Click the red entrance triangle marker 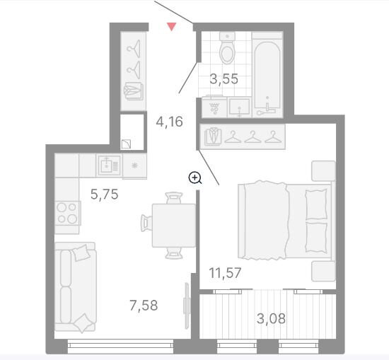[171, 27]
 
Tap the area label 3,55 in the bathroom [223, 79]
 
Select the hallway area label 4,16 [170, 122]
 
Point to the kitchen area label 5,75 [104, 194]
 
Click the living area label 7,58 [144, 305]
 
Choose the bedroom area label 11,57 [225, 273]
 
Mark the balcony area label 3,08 [271, 318]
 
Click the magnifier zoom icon [195, 178]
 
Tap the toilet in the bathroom [227, 48]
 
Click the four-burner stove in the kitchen [67, 213]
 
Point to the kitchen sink [109, 165]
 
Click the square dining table [174, 226]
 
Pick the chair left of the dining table [146, 223]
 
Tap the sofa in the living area [76, 287]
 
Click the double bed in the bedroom [285, 220]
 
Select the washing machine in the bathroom [214, 108]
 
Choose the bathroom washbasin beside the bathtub [239, 108]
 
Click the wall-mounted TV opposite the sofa [187, 306]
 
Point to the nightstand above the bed [323, 171]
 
